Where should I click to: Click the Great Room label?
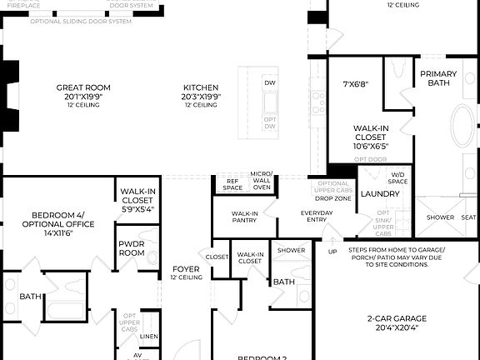pos(83,87)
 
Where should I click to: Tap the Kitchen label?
pos(201,87)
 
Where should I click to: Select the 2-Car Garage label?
pos(397,318)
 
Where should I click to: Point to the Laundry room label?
pos(380,194)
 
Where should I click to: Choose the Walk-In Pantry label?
pos(244,217)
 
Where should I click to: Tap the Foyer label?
pos(186,268)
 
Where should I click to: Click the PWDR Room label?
pos(132,247)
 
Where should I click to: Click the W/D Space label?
pos(398,178)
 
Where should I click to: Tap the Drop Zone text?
pos(332,197)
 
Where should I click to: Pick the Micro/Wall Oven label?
pos(262,181)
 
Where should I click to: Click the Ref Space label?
pos(232,184)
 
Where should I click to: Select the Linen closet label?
pos(148,337)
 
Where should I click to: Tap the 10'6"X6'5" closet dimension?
pos(371,146)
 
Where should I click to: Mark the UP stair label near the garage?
pos(332,251)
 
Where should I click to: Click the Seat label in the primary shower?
pos(469,217)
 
